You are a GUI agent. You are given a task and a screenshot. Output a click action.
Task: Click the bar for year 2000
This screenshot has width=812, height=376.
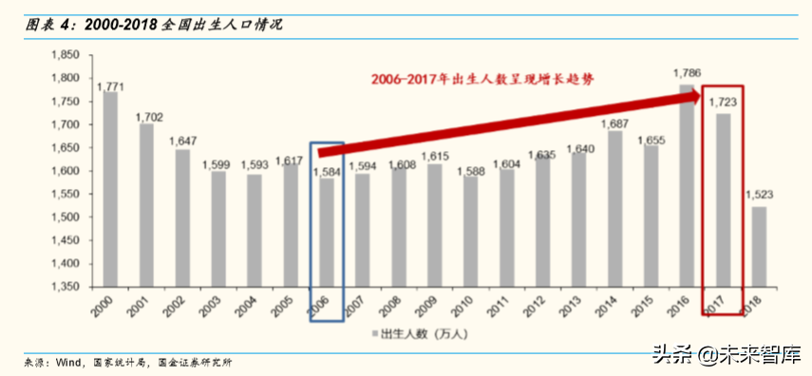pyautogui.click(x=110, y=190)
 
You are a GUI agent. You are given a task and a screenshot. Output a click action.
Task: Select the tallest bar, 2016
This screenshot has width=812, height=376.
pyautogui.click(x=686, y=185)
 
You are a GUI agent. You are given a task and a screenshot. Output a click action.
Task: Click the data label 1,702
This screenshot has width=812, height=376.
pyautogui.click(x=148, y=117)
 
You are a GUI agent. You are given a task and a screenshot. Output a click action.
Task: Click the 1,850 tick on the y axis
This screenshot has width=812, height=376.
pyautogui.click(x=67, y=55)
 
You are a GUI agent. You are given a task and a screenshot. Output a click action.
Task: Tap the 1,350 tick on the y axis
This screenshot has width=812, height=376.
pyautogui.click(x=67, y=287)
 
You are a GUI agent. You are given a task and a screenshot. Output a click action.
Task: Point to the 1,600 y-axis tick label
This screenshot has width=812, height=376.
pyautogui.click(x=67, y=171)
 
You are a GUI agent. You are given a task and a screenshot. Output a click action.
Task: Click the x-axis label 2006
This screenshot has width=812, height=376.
pyautogui.click(x=323, y=304)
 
